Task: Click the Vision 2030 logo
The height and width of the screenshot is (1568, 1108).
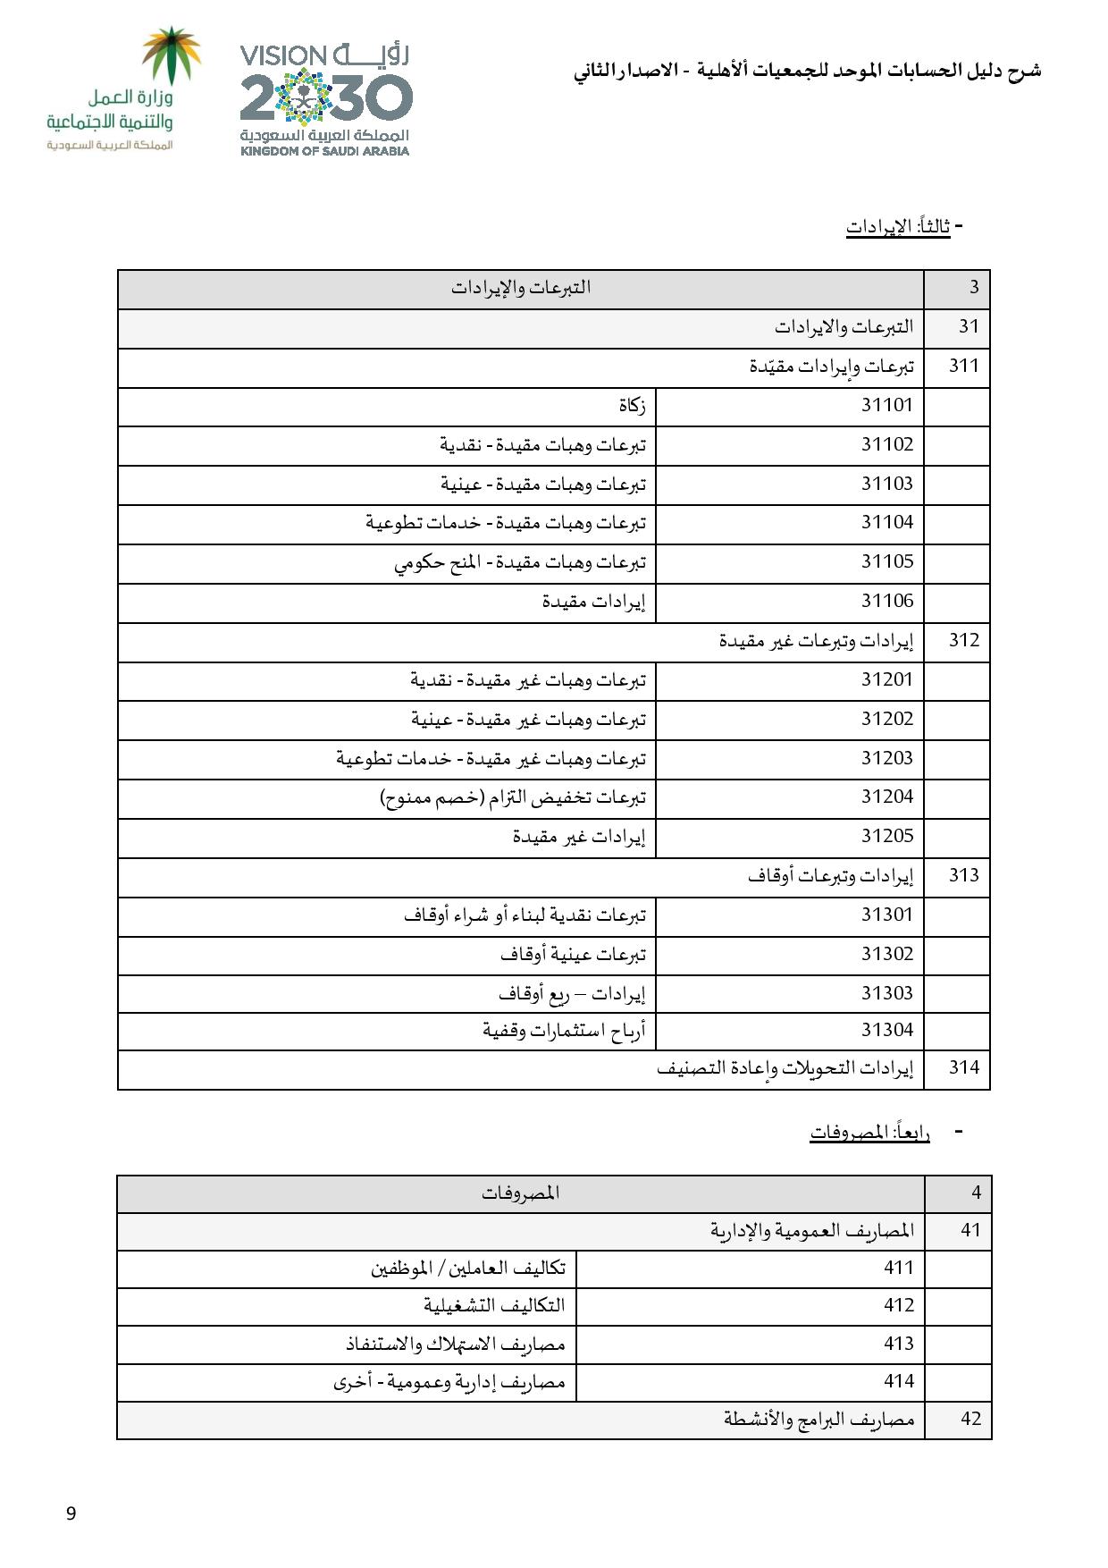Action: click(324, 99)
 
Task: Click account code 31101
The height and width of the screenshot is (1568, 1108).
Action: click(886, 406)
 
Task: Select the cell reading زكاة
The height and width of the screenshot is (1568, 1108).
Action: click(632, 406)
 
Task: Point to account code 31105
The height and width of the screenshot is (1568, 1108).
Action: click(886, 562)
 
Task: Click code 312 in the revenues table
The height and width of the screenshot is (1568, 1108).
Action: click(964, 641)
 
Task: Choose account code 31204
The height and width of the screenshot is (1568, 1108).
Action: click(886, 797)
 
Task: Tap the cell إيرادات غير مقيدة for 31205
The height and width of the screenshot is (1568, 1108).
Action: click(578, 837)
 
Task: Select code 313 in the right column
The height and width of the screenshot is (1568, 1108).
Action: click(964, 876)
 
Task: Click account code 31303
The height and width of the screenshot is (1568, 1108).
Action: click(886, 993)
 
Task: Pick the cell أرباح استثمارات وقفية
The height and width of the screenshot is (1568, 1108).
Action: click(564, 1031)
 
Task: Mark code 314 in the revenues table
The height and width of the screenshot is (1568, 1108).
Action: click(964, 1067)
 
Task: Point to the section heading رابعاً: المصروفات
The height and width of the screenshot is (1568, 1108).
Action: click(869, 1133)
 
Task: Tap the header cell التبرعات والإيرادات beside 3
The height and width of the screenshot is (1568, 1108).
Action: click(521, 288)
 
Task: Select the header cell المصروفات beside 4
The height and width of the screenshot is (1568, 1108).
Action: click(521, 1193)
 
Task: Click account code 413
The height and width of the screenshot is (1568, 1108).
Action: click(899, 1344)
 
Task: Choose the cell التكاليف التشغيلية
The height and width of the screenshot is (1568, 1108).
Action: click(494, 1305)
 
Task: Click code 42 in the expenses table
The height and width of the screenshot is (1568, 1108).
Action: click(970, 1419)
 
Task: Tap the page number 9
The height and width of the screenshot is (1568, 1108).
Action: click(71, 1513)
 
